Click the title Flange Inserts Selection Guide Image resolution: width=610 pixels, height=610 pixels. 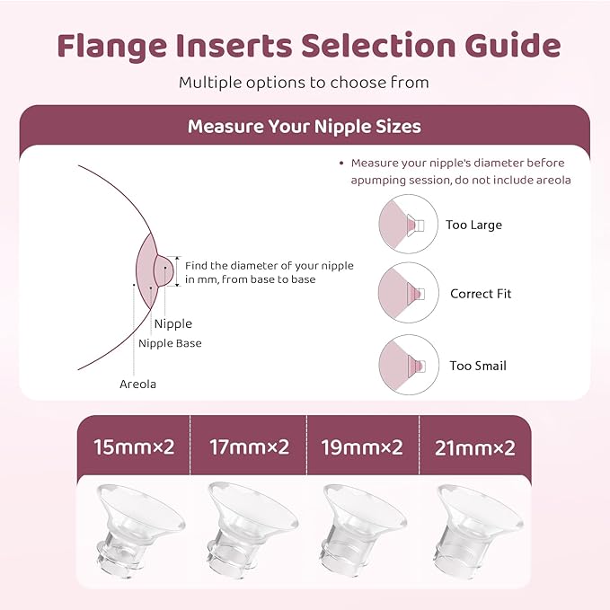pyautogui.click(x=305, y=46)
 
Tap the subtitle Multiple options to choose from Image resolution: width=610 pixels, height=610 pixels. pyautogui.click(x=304, y=83)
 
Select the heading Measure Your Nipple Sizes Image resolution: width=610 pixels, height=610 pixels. pyautogui.click(x=304, y=127)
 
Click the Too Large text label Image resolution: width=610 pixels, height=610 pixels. pyautogui.click(x=473, y=225)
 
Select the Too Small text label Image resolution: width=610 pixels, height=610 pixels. pyautogui.click(x=478, y=367)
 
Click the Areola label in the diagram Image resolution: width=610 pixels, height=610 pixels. pyautogui.click(x=137, y=385)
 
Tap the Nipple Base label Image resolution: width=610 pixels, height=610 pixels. pyautogui.click(x=170, y=343)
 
